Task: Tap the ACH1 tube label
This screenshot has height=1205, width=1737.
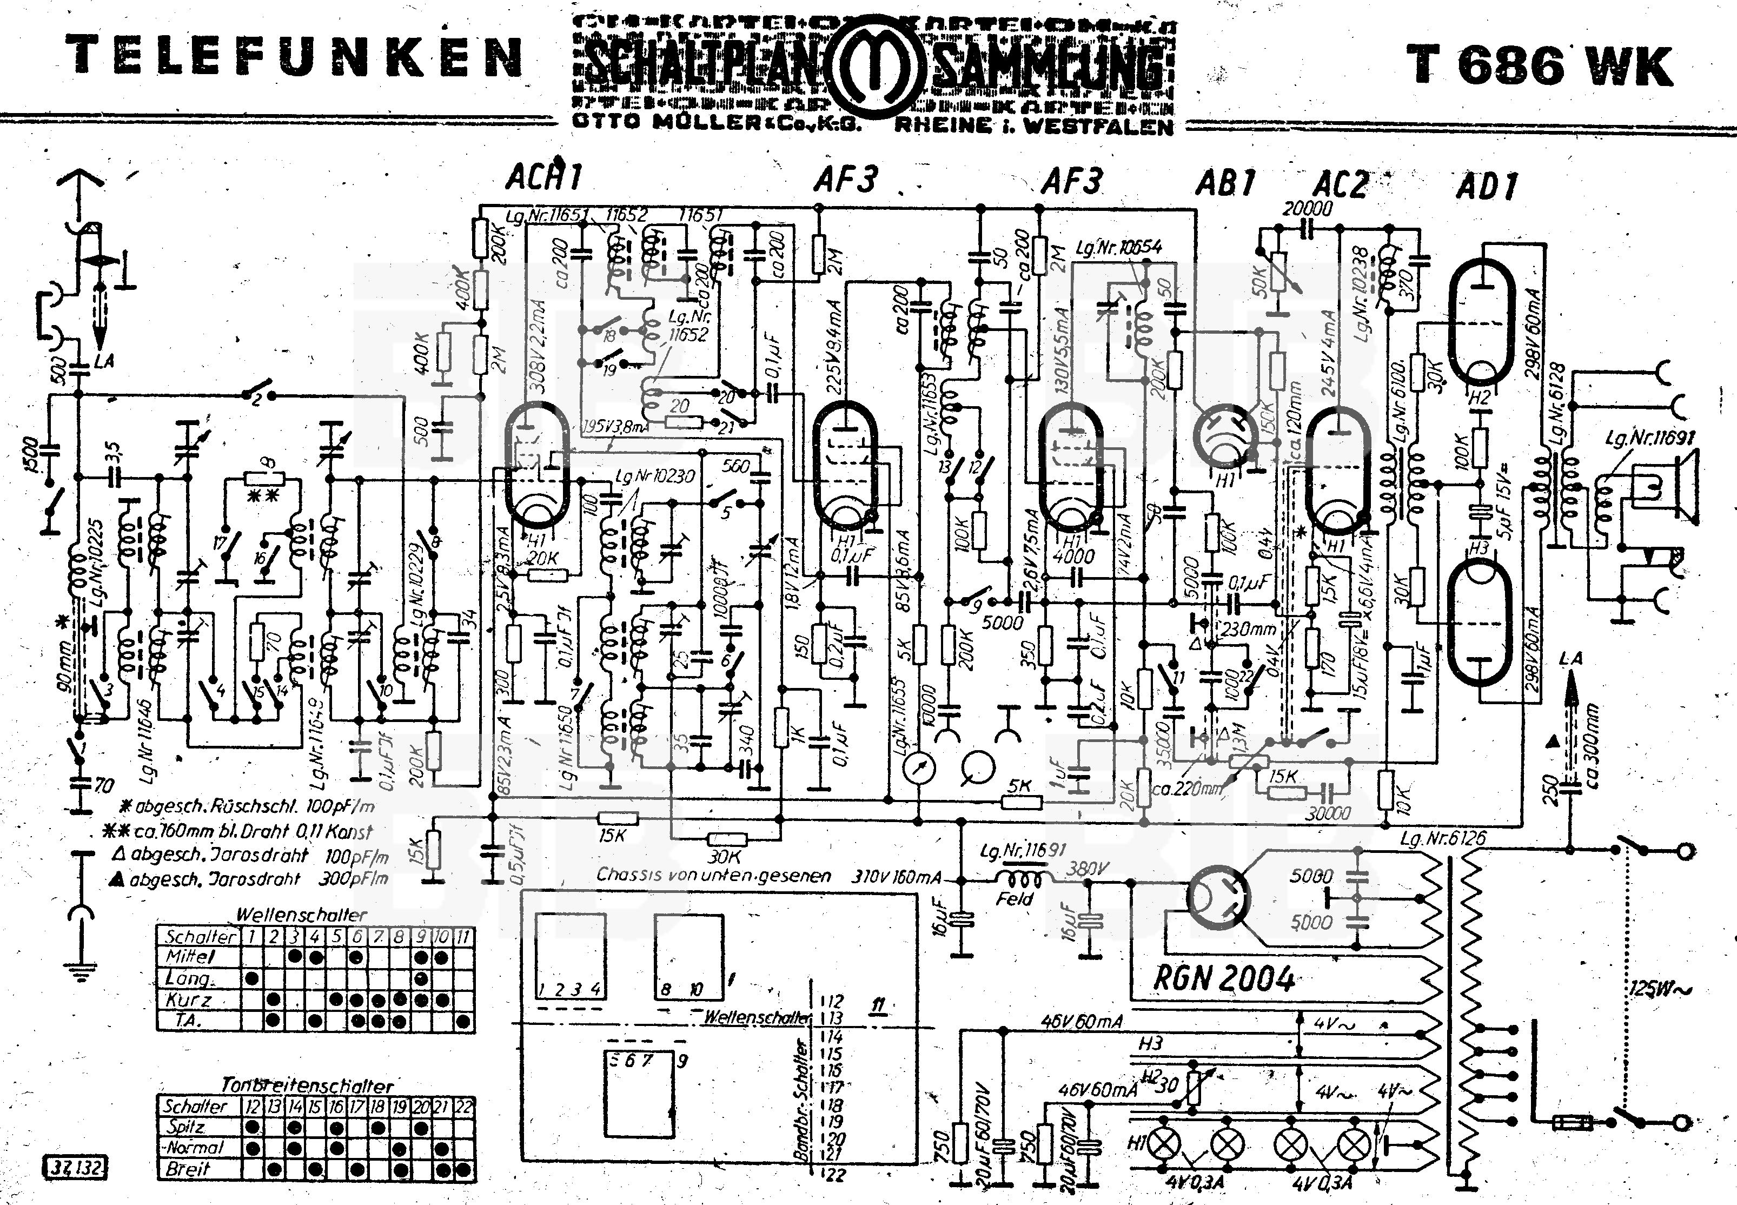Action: click(x=544, y=177)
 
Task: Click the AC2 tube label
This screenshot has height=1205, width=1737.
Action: click(x=1341, y=185)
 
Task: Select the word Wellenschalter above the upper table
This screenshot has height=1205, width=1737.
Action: click(x=301, y=915)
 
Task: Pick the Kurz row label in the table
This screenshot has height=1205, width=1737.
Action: click(x=189, y=999)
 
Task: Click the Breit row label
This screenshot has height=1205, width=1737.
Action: click(x=188, y=1169)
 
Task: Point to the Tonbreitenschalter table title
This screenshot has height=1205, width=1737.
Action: click(x=307, y=1085)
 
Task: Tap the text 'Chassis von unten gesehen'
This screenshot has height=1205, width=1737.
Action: click(x=713, y=875)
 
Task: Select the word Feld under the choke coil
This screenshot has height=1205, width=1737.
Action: click(x=1014, y=899)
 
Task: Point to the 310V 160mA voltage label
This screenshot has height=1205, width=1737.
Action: click(x=897, y=877)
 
